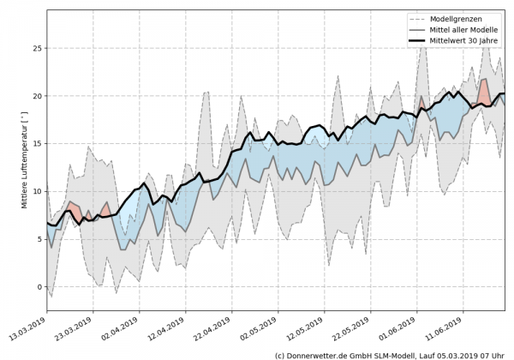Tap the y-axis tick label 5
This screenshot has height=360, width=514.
38,239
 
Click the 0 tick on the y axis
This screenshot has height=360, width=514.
38,286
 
